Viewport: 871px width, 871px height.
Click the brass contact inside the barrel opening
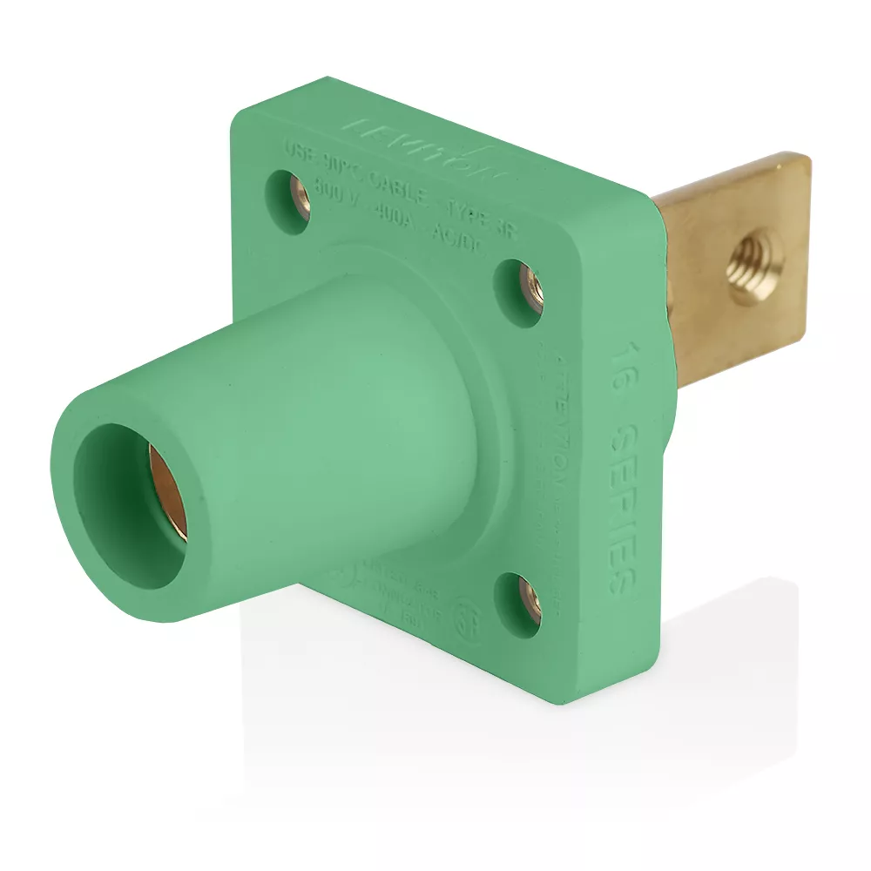tap(168, 492)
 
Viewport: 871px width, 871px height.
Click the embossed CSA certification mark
tap(469, 610)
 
